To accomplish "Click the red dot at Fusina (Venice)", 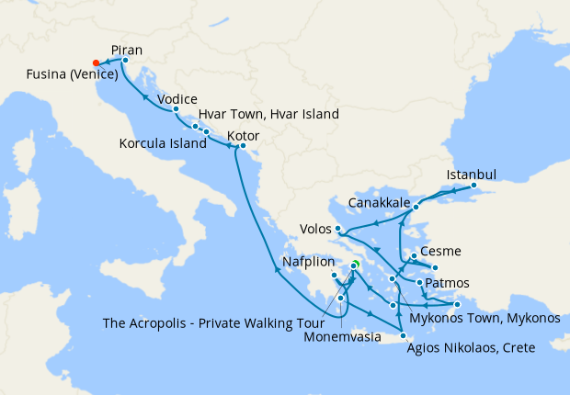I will tap(97, 62).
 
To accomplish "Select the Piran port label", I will tap(126, 50).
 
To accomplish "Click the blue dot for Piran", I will tap(125, 61).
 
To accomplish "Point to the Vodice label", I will tap(178, 98).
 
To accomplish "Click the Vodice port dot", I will tap(176, 109).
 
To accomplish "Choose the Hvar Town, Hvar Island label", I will tap(268, 115).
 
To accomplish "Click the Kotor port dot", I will tap(243, 146).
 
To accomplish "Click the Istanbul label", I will tap(472, 175).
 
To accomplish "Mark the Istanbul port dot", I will tap(473, 186).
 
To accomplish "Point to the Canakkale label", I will tap(380, 202).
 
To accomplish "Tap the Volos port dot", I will tap(339, 228).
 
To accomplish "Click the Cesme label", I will tap(439, 252).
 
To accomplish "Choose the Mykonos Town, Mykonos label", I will tap(484, 318).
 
